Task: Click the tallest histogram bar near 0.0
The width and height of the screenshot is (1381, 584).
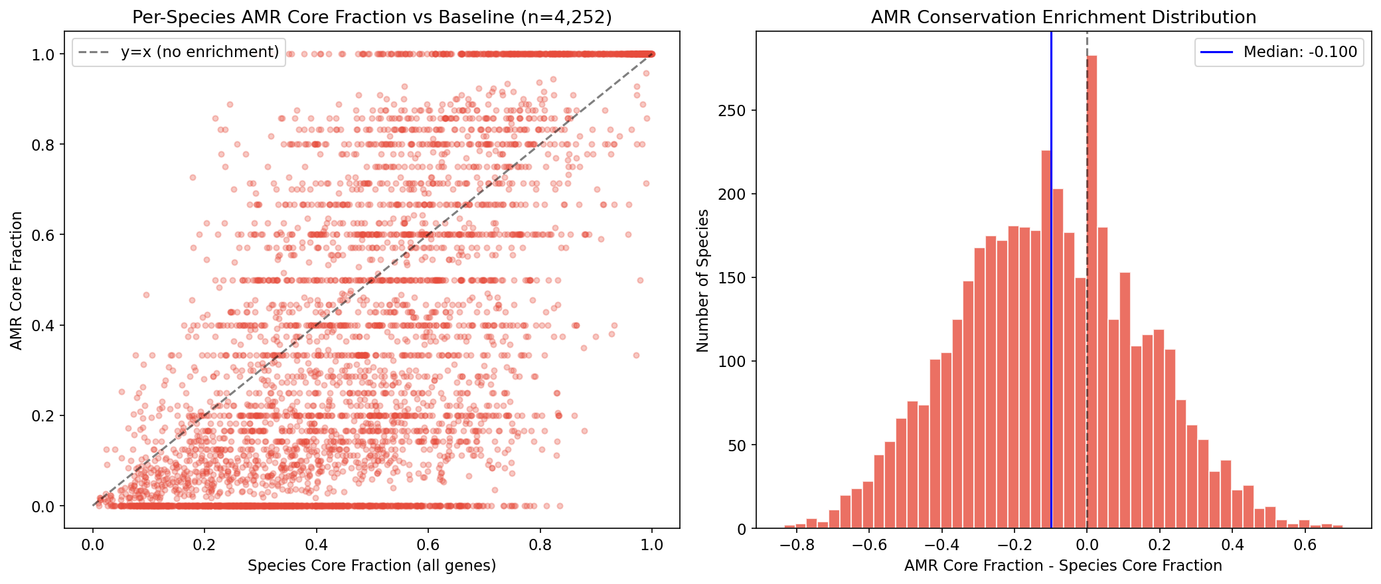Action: (1092, 292)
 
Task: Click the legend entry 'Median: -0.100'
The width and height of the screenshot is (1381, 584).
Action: (1299, 52)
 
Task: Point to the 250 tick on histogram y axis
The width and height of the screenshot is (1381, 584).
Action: (732, 111)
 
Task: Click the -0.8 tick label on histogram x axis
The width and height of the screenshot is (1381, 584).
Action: (797, 546)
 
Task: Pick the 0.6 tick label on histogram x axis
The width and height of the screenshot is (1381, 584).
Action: (1305, 546)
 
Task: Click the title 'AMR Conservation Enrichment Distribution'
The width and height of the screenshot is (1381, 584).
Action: (1063, 17)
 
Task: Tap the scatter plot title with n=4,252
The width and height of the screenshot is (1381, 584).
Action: (372, 17)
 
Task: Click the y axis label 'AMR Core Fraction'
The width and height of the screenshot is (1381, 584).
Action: (17, 280)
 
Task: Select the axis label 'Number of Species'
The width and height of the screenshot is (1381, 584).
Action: (702, 280)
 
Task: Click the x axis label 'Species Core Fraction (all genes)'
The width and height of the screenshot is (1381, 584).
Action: (372, 565)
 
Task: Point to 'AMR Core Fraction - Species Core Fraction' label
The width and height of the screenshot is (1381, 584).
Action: (1063, 565)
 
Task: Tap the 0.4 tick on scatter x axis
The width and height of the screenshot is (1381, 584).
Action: (316, 546)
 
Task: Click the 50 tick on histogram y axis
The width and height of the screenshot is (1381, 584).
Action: (736, 445)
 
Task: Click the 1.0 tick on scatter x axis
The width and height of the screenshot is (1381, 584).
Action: (652, 546)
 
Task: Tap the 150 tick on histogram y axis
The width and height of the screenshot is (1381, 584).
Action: (732, 278)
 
